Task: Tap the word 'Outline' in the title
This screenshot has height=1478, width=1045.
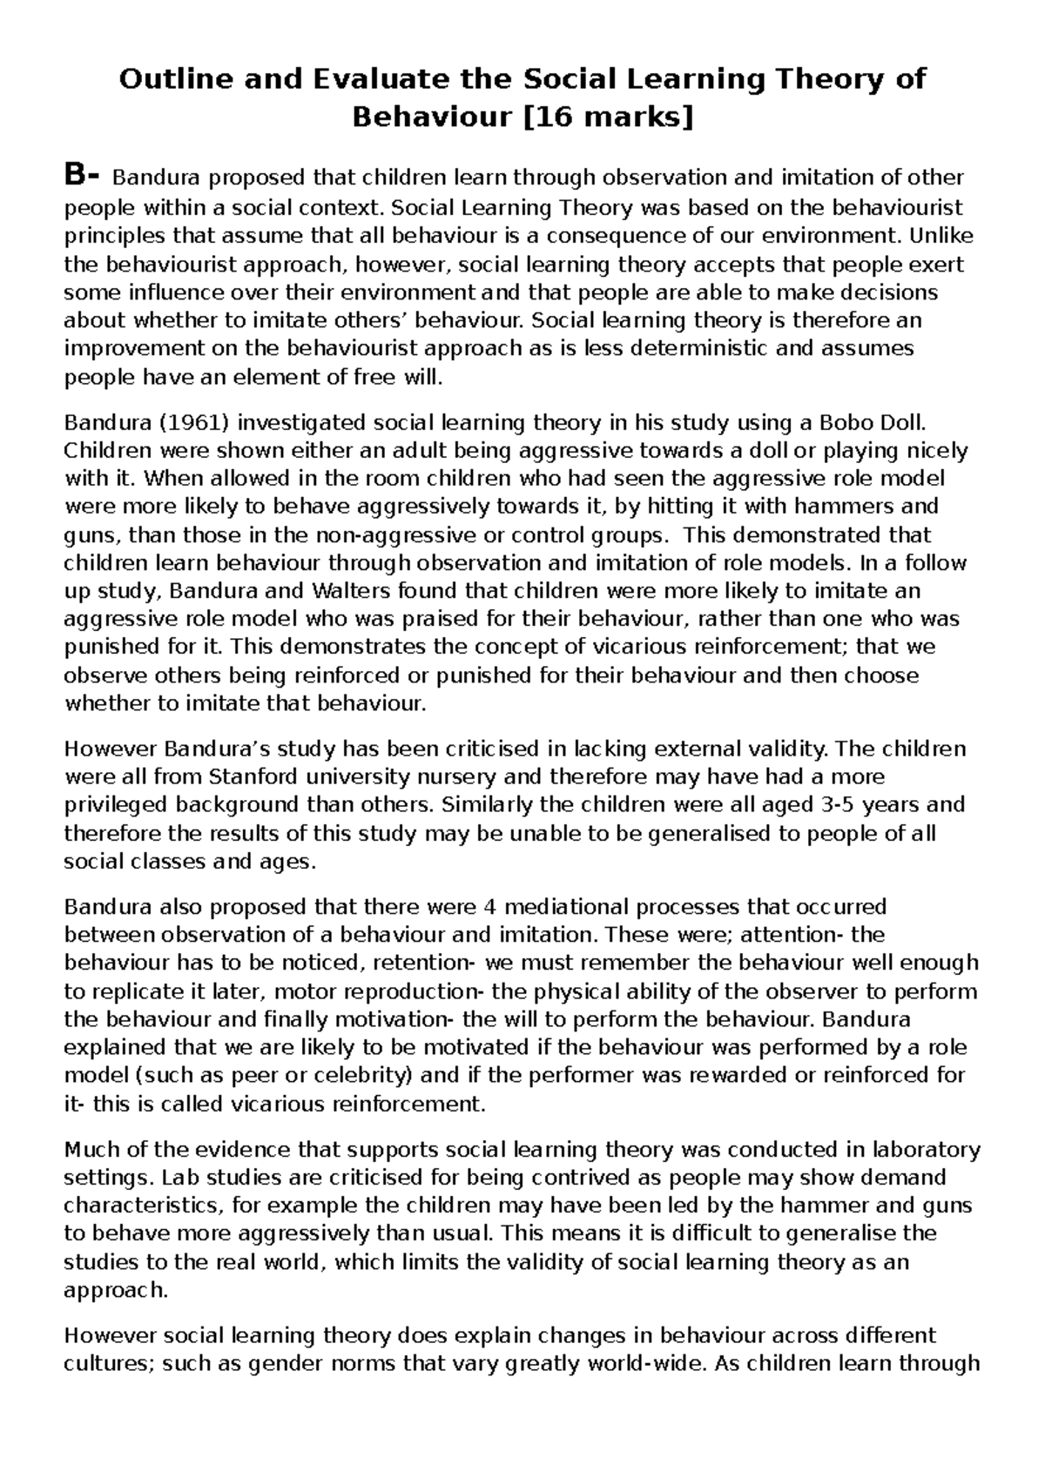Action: tap(166, 79)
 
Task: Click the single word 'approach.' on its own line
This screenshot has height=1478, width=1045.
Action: tap(115, 1290)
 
